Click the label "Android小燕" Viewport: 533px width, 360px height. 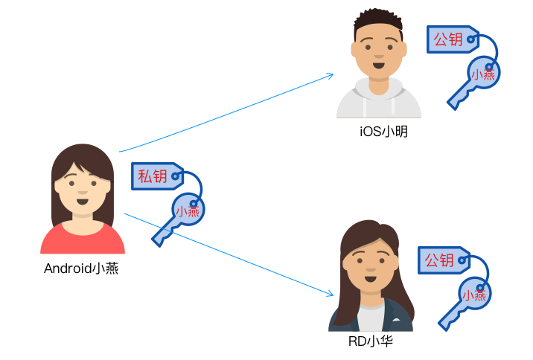(81, 269)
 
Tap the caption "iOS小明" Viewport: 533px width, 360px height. (384, 132)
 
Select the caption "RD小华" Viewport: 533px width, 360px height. (371, 341)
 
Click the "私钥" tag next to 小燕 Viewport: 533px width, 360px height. (157, 176)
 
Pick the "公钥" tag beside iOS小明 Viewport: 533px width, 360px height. (453, 39)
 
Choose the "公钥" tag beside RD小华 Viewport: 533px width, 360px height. (444, 260)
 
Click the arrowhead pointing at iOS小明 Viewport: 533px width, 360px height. (331, 75)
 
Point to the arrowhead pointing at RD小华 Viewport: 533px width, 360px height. (330, 294)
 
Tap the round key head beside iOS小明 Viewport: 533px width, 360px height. (483, 73)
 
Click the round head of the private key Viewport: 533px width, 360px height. (188, 210)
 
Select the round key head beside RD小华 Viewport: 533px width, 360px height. (474, 294)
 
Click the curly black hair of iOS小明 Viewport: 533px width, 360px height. (378, 21)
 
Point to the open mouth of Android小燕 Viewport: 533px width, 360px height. (83, 202)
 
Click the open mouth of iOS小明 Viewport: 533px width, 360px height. (379, 65)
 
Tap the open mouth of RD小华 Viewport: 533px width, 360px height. (371, 279)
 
